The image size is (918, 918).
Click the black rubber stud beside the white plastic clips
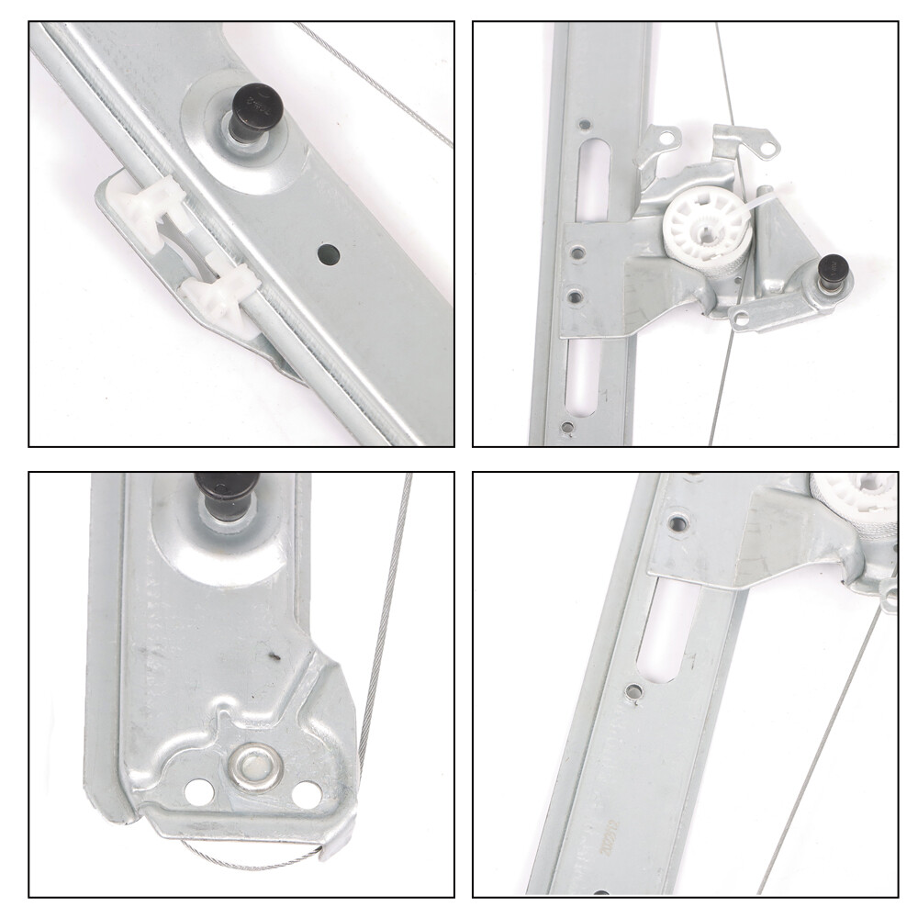pos(254,107)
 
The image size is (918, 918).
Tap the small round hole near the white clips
pos(329,254)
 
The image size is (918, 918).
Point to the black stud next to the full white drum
pos(833,273)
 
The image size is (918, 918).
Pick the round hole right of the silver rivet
pos(308,794)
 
